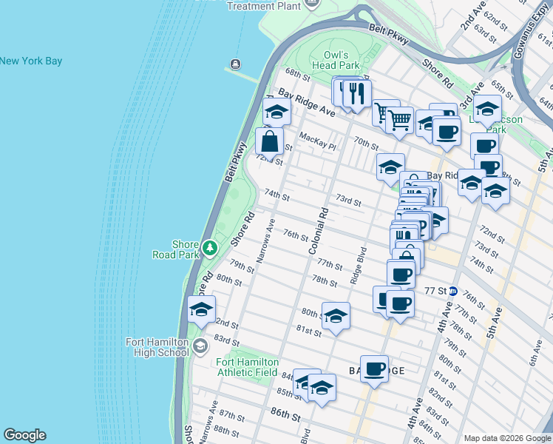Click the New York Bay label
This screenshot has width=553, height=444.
coord(31,61)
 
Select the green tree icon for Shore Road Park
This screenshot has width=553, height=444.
coord(210,246)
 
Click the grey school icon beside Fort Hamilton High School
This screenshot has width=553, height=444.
coord(200,346)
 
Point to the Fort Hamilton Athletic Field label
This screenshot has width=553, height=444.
coord(247,367)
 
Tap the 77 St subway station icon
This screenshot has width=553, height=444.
coord(453,292)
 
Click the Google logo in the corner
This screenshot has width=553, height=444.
coord(24,435)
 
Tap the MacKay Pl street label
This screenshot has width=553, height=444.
coord(317,141)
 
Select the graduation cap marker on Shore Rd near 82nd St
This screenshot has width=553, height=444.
coord(201,309)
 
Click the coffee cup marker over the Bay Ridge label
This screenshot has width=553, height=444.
coord(375,368)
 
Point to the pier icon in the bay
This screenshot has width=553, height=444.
coord(235,63)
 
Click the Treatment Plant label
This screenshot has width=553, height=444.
coord(262,6)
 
